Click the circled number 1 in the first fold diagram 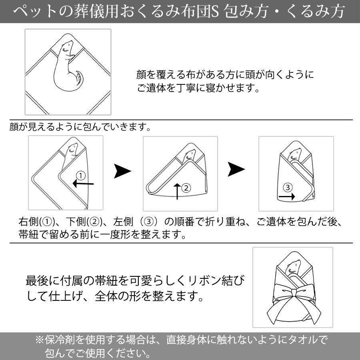(x=80, y=176)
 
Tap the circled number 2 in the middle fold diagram (x=186, y=188)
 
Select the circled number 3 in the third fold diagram (x=288, y=187)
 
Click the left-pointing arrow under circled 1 (x=83, y=184)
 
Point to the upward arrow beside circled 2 (x=177, y=191)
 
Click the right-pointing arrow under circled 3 (x=286, y=196)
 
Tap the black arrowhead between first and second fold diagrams (x=122, y=171)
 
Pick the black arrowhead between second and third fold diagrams (x=236, y=169)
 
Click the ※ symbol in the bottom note (x=39, y=340)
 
